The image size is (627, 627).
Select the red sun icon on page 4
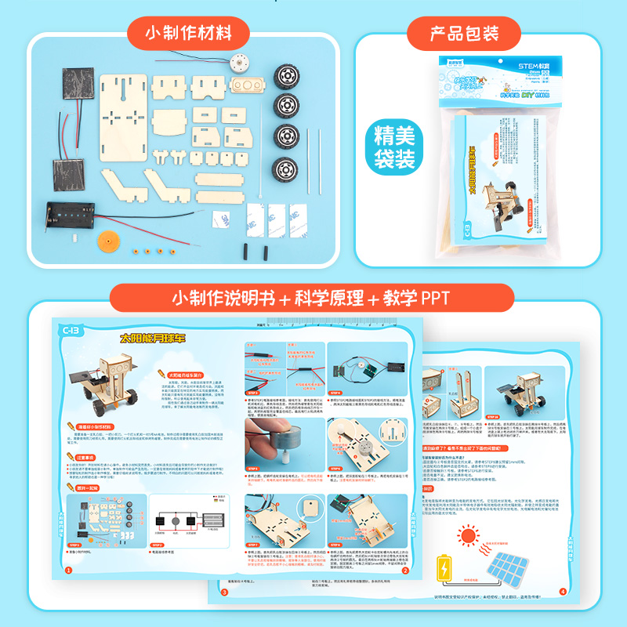point(469,537)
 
